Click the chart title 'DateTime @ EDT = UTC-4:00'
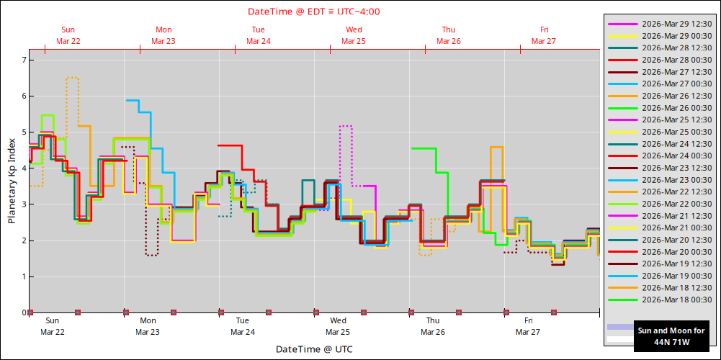(314, 12)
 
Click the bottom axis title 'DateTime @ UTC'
(314, 349)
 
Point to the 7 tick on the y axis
(22, 60)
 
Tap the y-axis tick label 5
(22, 132)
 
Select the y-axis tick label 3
(22, 204)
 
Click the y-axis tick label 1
(22, 276)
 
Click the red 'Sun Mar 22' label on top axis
(68, 35)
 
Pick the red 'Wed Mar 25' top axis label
(354, 35)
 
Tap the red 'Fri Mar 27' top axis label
(544, 35)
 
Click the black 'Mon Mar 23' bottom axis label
(148, 326)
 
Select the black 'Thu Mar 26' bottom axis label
(433, 326)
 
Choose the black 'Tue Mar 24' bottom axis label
(243, 326)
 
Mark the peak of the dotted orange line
(72, 77)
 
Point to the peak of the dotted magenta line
(345, 126)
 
